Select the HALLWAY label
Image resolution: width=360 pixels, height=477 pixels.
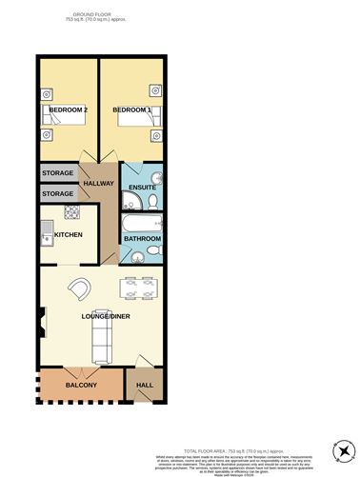click(x=99, y=183)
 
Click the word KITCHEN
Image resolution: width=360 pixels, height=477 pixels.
click(x=69, y=234)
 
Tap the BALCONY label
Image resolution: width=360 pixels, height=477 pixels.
click(x=81, y=386)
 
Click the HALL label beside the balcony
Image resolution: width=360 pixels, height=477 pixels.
click(x=145, y=386)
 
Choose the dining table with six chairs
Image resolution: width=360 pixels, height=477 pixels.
click(x=138, y=288)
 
